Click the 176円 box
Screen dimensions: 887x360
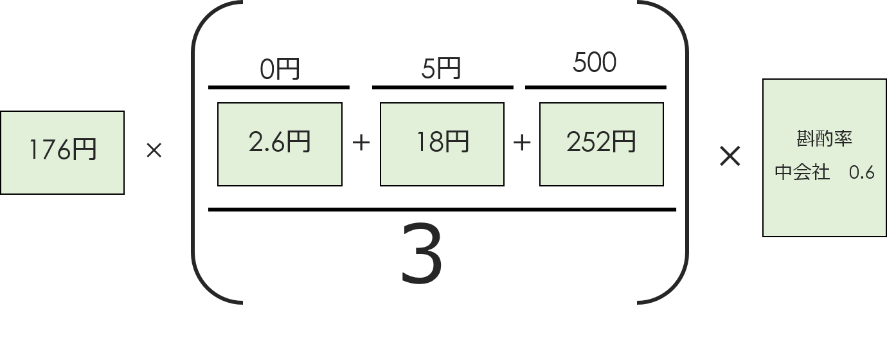pyautogui.click(x=62, y=152)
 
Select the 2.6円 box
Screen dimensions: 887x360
pyautogui.click(x=280, y=144)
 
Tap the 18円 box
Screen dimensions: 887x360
pyautogui.click(x=442, y=144)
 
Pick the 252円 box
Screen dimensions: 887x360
pyautogui.click(x=601, y=144)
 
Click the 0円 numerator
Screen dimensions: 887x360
pyautogui.click(x=280, y=69)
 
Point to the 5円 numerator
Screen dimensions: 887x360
pyautogui.click(x=441, y=69)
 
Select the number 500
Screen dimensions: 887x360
pyautogui.click(x=595, y=62)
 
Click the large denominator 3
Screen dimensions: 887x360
pyautogui.click(x=422, y=253)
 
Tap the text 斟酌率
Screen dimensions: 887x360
pyautogui.click(x=824, y=139)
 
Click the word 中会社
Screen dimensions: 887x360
pyautogui.click(x=802, y=172)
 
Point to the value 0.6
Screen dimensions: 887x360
pyautogui.click(x=862, y=173)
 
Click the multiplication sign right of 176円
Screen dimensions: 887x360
pyautogui.click(x=154, y=150)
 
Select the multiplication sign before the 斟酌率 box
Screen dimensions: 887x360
pyautogui.click(x=730, y=156)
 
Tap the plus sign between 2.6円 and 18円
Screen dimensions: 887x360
pyautogui.click(x=361, y=143)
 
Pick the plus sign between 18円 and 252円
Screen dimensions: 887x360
pyautogui.click(x=522, y=143)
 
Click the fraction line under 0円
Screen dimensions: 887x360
pyautogui.click(x=279, y=87)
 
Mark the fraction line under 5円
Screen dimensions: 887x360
pyautogui.click(x=443, y=87)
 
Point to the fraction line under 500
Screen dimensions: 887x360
pyautogui.click(x=596, y=87)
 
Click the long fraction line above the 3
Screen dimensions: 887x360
pyautogui.click(x=442, y=210)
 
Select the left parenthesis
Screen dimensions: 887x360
pyautogui.click(x=192, y=152)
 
